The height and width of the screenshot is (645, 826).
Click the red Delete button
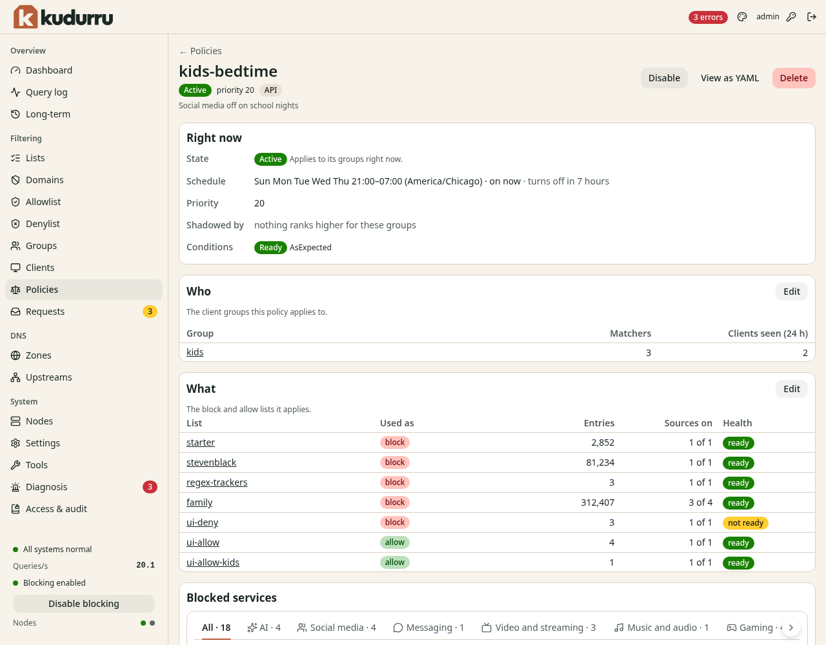point(793,78)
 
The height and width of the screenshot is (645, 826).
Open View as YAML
point(729,78)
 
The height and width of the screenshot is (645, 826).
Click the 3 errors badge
point(708,17)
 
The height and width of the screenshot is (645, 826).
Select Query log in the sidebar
point(46,92)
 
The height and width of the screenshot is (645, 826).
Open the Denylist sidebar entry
point(43,224)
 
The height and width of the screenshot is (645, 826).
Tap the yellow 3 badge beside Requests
point(150,312)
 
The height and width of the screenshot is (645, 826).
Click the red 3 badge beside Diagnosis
point(150,487)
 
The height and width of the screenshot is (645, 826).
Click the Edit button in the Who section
point(791,292)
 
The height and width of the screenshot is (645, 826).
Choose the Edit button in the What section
point(791,388)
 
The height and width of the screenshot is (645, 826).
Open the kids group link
point(195,352)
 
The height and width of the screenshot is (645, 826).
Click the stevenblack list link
point(211,462)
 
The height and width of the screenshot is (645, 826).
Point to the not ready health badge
point(745,522)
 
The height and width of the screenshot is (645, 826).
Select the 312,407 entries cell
point(597,502)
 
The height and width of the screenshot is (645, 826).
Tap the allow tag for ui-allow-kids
point(394,562)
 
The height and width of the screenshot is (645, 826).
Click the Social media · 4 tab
point(336,628)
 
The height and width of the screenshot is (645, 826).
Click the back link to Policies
point(200,51)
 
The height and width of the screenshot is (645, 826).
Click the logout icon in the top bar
point(811,17)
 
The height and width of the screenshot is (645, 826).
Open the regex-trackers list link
point(217,482)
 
